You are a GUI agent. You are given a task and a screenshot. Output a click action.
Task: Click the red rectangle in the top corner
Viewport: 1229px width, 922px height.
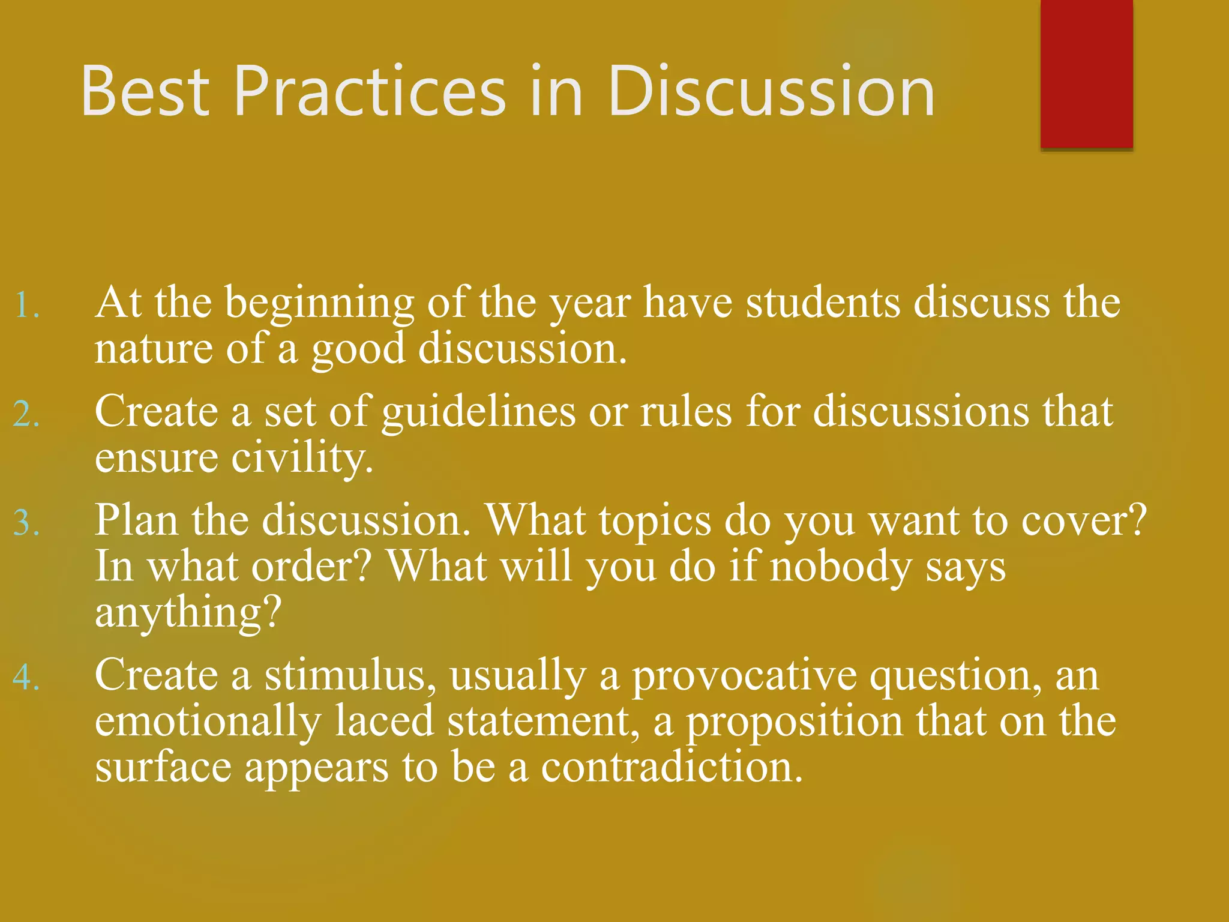click(1086, 73)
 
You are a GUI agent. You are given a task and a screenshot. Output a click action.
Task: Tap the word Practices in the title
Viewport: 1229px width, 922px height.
click(370, 91)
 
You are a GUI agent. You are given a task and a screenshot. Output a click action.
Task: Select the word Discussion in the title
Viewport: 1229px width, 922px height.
click(771, 91)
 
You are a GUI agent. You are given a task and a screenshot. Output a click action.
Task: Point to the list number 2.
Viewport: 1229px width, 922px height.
click(27, 414)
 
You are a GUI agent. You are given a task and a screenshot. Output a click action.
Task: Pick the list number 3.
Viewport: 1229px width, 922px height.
click(27, 522)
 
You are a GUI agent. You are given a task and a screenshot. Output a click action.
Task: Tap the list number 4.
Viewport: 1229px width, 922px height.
click(27, 678)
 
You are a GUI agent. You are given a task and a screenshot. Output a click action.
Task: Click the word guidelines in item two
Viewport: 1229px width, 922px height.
click(478, 413)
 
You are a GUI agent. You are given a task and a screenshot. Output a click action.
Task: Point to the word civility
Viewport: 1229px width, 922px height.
click(302, 459)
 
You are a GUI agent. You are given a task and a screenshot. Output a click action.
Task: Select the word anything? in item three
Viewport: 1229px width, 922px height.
click(188, 613)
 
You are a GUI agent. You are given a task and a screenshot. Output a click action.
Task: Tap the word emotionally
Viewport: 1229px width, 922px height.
click(208, 722)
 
